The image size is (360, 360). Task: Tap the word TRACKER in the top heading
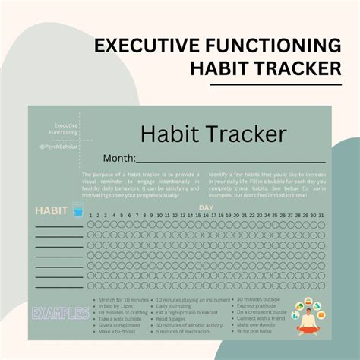(x=291, y=69)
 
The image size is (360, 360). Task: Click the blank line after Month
(x=228, y=159)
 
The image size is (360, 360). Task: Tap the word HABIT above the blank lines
(x=52, y=210)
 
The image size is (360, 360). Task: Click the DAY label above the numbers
(x=206, y=207)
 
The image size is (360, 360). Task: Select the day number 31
(x=321, y=215)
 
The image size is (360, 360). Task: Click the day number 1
(x=90, y=215)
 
